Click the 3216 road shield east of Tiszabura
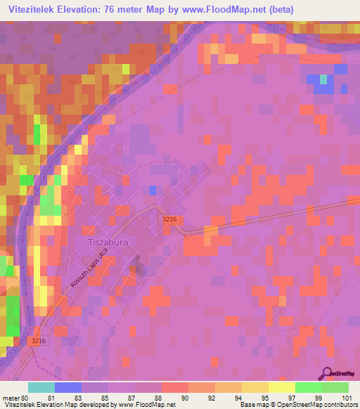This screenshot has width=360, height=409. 169,220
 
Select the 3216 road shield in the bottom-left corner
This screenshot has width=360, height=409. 40,341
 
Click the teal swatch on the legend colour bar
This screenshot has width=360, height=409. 41,387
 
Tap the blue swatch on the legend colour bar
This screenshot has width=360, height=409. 68,387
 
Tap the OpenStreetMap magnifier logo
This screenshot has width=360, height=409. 328,373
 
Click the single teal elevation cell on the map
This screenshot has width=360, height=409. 323,79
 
